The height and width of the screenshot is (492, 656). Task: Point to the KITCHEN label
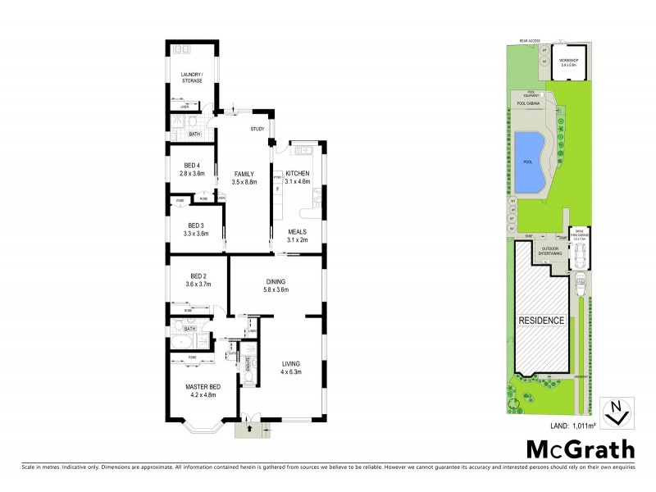point(296,174)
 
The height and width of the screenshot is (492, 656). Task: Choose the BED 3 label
point(195,225)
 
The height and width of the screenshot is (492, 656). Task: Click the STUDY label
point(256,130)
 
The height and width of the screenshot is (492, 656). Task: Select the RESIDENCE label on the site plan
point(540,320)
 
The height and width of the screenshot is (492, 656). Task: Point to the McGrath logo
point(581,449)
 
